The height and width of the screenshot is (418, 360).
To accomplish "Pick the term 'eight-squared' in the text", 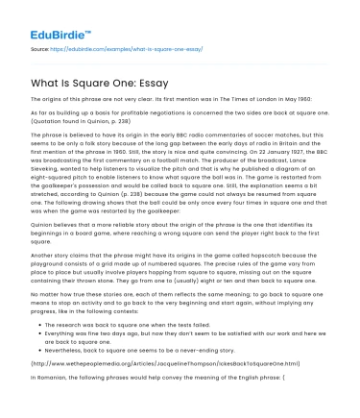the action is click(57, 180).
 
